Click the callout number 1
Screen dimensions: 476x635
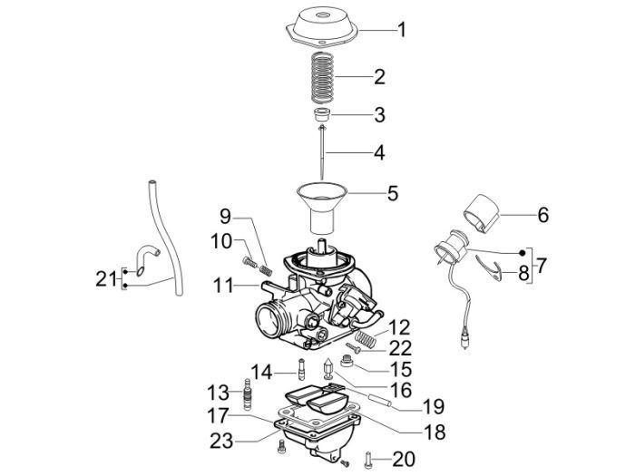pyautogui.click(x=400, y=30)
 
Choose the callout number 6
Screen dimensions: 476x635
pyautogui.click(x=543, y=216)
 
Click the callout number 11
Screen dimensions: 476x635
pyautogui.click(x=224, y=287)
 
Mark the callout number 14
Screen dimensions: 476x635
pyautogui.click(x=261, y=371)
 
